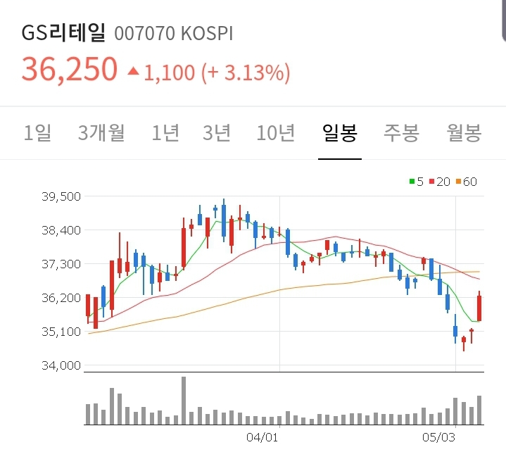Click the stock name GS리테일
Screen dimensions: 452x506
tap(63, 33)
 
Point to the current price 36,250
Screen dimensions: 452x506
tap(70, 69)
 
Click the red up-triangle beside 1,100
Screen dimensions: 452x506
tap(133, 70)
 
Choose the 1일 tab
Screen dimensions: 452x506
tap(38, 132)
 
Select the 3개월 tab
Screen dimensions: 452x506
tap(101, 132)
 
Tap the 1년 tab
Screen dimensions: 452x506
tap(165, 132)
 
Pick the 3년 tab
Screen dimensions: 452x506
tap(217, 132)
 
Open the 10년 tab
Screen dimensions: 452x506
tap(276, 132)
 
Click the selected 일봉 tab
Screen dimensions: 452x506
tap(339, 132)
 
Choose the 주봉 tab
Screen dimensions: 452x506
tap(401, 132)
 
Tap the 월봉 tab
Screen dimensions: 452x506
tap(464, 132)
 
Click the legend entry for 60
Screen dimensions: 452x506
tap(467, 182)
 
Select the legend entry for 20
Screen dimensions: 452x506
tap(440, 182)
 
